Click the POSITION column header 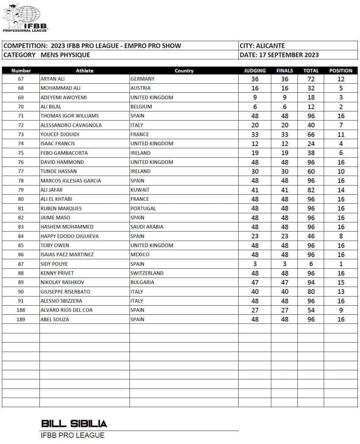pyautogui.click(x=341, y=71)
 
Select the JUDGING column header pyautogui.click(x=255, y=71)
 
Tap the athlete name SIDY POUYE pyautogui.click(x=54, y=264)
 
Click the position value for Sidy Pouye pyautogui.click(x=341, y=264)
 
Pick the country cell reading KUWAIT pyautogui.click(x=140, y=190)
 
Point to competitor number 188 pyautogui.click(x=21, y=310)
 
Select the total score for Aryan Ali pyautogui.click(x=311, y=79)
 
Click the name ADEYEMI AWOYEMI pyautogui.click(x=63, y=98)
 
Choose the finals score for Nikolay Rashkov pyautogui.click(x=284, y=282)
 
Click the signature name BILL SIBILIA pyautogui.click(x=74, y=424)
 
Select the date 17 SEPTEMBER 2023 pyautogui.click(x=289, y=55)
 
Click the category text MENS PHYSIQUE pyautogui.click(x=65, y=55)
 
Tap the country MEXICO pyautogui.click(x=140, y=255)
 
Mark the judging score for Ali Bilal pyautogui.click(x=255, y=107)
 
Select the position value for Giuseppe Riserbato pyautogui.click(x=341, y=291)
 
